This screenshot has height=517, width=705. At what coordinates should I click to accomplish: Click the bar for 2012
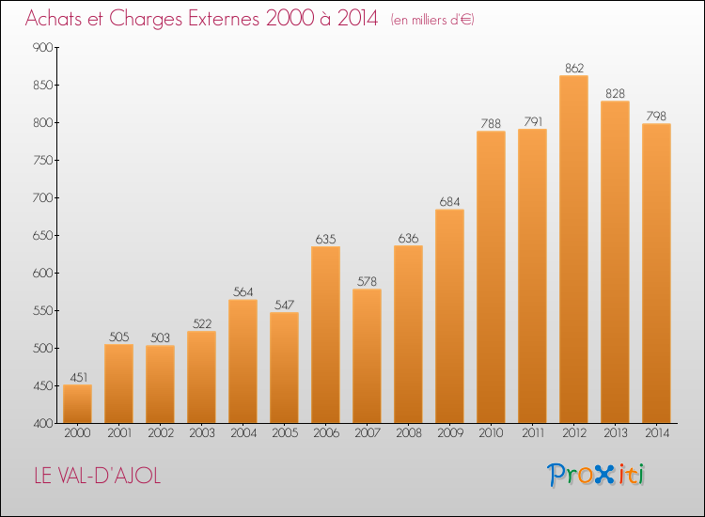pyautogui.click(x=573, y=249)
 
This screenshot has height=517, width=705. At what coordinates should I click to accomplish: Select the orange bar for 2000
pyautogui.click(x=77, y=403)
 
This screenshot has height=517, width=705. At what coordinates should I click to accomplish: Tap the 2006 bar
pyautogui.click(x=325, y=335)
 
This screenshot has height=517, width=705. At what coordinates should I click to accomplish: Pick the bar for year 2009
pyautogui.click(x=449, y=316)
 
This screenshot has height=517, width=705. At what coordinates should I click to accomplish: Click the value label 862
pyautogui.click(x=574, y=68)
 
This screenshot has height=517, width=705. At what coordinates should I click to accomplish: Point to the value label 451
pyautogui.click(x=79, y=377)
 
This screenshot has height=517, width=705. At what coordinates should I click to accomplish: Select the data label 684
pyautogui.click(x=449, y=202)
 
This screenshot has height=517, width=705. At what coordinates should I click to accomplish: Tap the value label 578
pyautogui.click(x=367, y=281)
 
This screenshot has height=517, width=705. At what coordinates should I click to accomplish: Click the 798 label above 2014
pyautogui.click(x=656, y=116)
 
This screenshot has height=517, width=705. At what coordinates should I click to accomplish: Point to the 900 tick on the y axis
pyautogui.click(x=43, y=47)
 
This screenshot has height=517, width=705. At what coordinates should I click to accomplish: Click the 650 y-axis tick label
pyautogui.click(x=43, y=236)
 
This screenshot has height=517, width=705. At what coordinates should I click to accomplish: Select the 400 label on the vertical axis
pyautogui.click(x=43, y=424)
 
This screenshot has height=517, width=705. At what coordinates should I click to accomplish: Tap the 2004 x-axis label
pyautogui.click(x=243, y=432)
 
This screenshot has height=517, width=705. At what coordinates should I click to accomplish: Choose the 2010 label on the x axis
pyautogui.click(x=491, y=432)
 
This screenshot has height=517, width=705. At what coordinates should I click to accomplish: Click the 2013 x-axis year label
pyautogui.click(x=615, y=432)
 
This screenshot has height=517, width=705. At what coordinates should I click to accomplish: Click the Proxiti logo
pyautogui.click(x=596, y=475)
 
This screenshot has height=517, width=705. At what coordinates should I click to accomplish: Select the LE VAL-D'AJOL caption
pyautogui.click(x=98, y=476)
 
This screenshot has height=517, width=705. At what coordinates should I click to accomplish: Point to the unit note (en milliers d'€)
pyautogui.click(x=432, y=20)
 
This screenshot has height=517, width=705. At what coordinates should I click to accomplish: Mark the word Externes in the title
pyautogui.click(x=224, y=18)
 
